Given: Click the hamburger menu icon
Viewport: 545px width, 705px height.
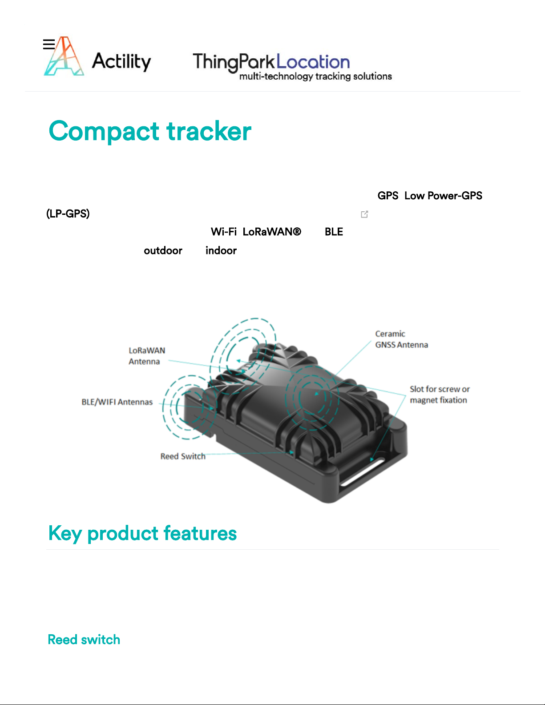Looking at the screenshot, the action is tap(49, 44).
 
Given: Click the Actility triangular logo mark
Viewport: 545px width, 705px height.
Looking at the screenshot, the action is tap(64, 56).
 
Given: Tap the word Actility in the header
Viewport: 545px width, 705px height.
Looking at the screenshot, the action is tap(121, 61).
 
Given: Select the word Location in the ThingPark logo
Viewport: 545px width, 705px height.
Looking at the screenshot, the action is tap(313, 62).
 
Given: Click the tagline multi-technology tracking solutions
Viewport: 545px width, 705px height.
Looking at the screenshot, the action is tap(315, 77).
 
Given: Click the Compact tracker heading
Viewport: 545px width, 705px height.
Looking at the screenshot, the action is tap(150, 131).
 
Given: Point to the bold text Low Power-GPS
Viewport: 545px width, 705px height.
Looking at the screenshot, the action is tap(443, 196).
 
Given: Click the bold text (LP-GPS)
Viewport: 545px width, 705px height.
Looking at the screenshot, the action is tap(68, 214).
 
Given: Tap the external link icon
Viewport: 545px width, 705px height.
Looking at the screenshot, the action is tap(364, 214).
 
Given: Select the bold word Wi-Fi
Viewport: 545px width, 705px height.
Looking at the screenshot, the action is tap(223, 232).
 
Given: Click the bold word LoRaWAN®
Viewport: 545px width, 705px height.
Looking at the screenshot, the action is tap(272, 232).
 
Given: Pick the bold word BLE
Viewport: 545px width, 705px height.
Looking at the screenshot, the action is tap(334, 232).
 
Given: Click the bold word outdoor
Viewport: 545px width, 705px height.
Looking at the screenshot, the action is tap(163, 250).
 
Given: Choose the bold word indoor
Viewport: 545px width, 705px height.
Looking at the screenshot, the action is tap(221, 250).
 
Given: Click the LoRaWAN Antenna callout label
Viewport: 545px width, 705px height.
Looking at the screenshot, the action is tap(147, 356).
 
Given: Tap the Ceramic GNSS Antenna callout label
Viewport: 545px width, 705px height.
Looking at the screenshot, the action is tap(402, 339).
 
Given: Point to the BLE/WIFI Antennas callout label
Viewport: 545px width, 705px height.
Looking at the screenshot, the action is tap(117, 402).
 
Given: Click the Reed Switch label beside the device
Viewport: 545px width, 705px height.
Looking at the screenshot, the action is tap(183, 456).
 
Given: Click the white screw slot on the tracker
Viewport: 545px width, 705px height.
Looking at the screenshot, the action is tap(362, 472).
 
